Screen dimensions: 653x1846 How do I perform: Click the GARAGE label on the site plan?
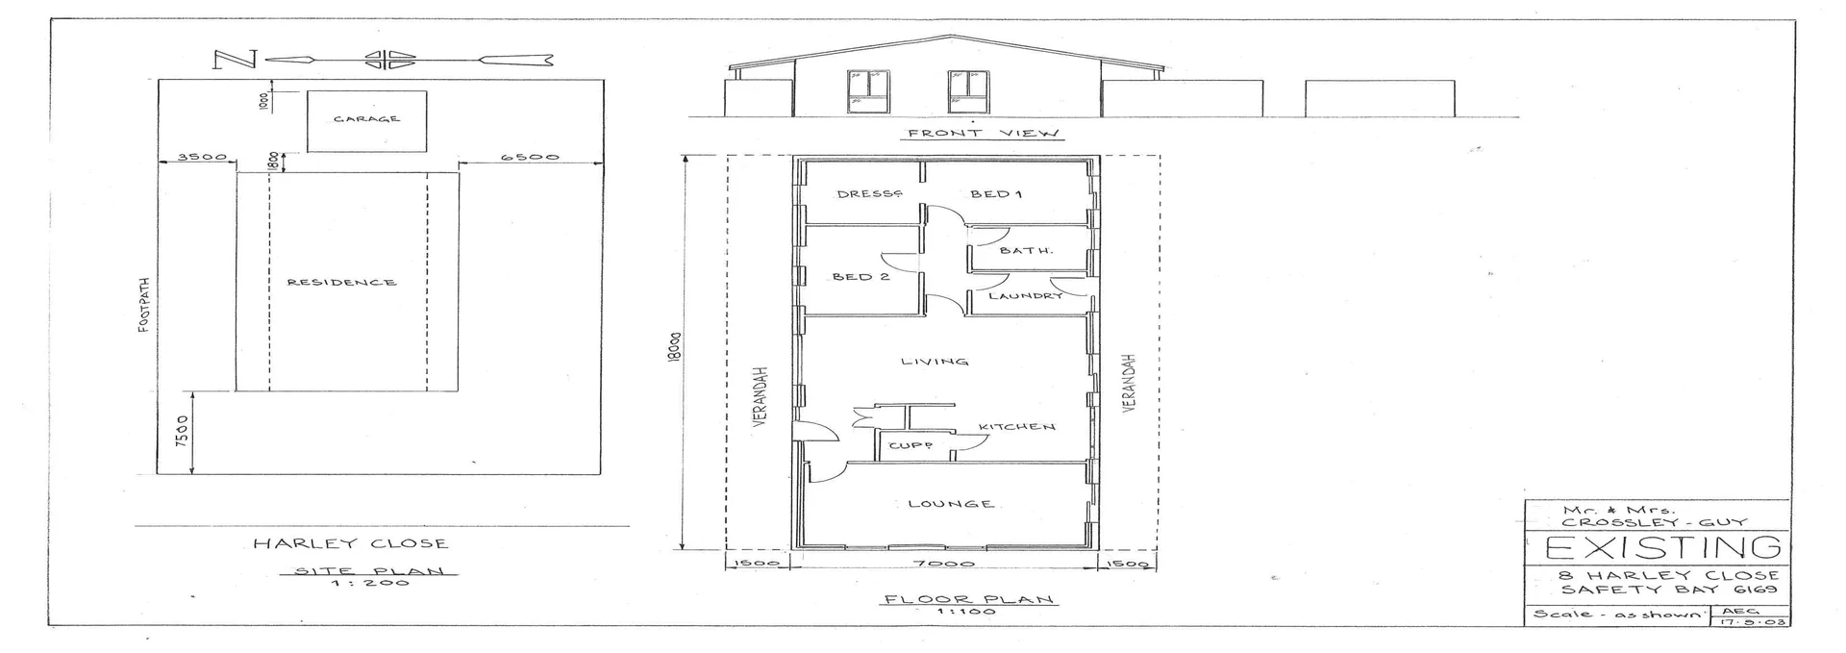click(x=366, y=119)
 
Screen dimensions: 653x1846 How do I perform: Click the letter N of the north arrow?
click(x=234, y=61)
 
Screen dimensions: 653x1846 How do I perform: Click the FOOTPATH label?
click(x=143, y=306)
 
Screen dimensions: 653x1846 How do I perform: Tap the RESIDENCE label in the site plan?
click(x=341, y=283)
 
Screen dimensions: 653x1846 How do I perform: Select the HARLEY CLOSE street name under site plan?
click(x=350, y=543)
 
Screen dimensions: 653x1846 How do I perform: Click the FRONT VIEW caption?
click(x=983, y=134)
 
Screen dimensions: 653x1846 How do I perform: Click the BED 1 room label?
click(x=995, y=194)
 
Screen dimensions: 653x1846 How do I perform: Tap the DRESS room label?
click(x=869, y=194)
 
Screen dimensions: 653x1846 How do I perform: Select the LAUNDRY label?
click(x=1026, y=296)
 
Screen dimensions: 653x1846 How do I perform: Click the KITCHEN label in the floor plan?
click(x=1017, y=427)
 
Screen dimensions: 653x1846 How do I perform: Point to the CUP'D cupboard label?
click(x=910, y=446)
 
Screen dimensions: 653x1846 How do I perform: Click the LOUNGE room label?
click(x=951, y=504)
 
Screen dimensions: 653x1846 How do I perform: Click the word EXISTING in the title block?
click(x=1659, y=548)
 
